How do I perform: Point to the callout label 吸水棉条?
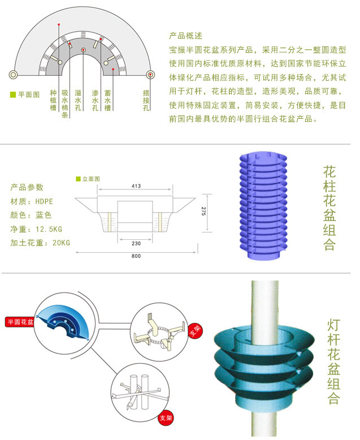pyautogui.click(x=65, y=103)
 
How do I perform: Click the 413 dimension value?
pyautogui.click(x=136, y=186)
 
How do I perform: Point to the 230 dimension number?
pyautogui.click(x=136, y=243)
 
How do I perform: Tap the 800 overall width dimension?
pyautogui.click(x=136, y=256)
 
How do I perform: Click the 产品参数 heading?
pyautogui.click(x=27, y=187)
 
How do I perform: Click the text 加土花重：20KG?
pyautogui.click(x=40, y=243)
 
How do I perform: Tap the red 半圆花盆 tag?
pyautogui.click(x=20, y=322)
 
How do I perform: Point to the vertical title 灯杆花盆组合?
pyautogui.click(x=333, y=362)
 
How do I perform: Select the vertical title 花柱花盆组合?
pyautogui.click(x=329, y=208)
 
